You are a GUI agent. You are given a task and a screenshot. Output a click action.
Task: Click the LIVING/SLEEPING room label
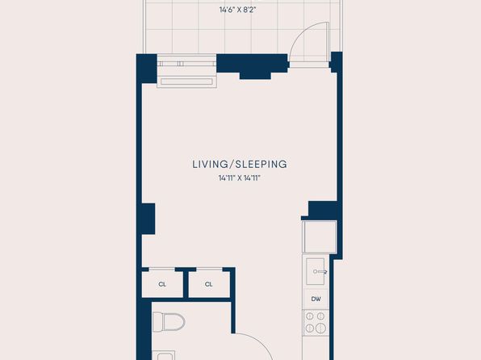pyautogui.click(x=240, y=164)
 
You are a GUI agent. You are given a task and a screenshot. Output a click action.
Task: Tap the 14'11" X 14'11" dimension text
pyautogui.click(x=239, y=178)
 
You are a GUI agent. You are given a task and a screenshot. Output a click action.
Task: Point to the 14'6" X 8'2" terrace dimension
pyautogui.click(x=237, y=10)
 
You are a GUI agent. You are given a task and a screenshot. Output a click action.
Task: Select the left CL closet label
pyautogui.click(x=162, y=284)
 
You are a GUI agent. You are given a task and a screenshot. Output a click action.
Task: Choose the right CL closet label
pyautogui.click(x=208, y=284)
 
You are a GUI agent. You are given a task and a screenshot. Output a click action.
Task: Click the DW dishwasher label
pyautogui.click(x=316, y=299)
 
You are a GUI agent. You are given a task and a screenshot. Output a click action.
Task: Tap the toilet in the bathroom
pyautogui.click(x=169, y=322)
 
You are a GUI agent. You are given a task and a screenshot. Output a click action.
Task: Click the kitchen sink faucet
pyautogui.click(x=320, y=271)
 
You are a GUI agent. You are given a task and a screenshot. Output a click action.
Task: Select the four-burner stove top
pyautogui.click(x=316, y=323)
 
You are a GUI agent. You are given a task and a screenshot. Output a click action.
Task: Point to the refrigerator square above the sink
pyautogui.click(x=320, y=237)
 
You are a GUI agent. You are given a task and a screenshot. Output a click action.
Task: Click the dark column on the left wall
pyautogui.click(x=148, y=219)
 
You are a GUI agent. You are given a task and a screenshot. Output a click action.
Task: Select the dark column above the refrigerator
pyautogui.click(x=322, y=210)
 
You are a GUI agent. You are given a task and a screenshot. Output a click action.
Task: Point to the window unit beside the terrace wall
pyautogui.click(x=186, y=71)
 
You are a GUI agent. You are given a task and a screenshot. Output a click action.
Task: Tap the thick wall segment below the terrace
pyautogui.click(x=252, y=65)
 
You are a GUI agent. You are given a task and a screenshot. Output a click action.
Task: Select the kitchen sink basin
pyautogui.click(x=315, y=271)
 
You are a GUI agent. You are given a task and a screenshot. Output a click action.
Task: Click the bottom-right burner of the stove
pyautogui.click(x=320, y=328)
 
